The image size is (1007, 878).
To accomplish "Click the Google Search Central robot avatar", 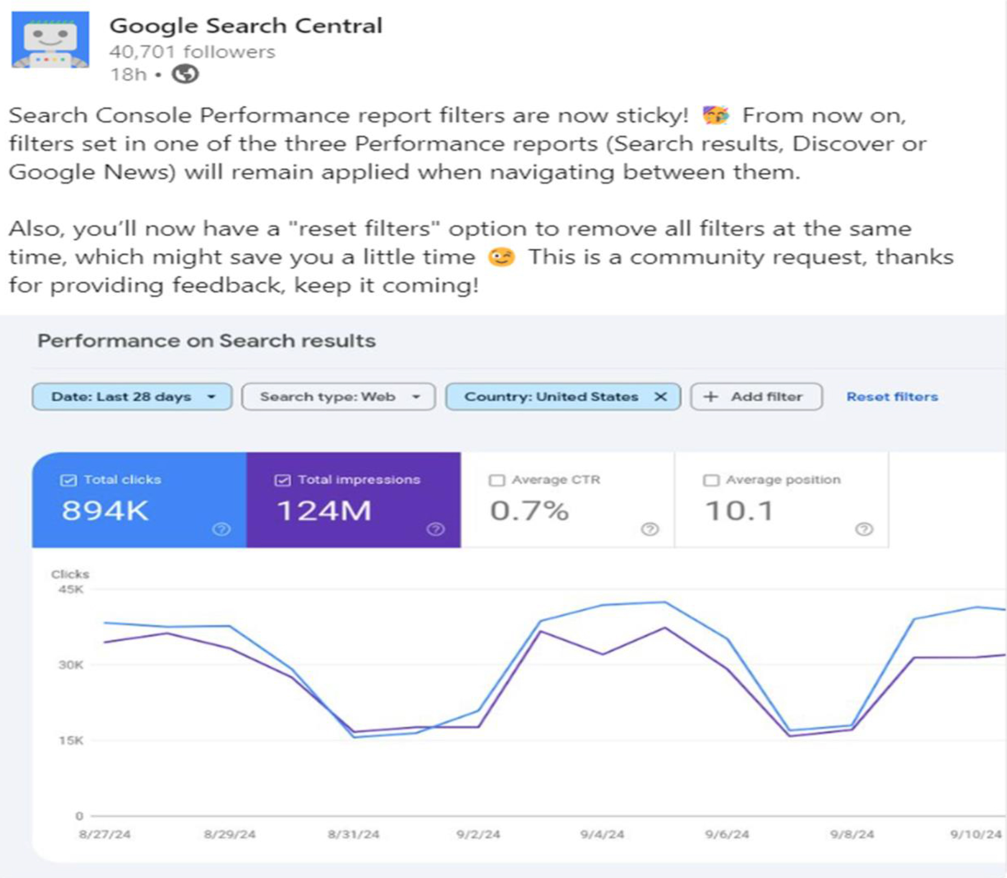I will (50, 40).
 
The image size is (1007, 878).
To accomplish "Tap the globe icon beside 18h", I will (185, 74).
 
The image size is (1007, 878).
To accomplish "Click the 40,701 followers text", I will (192, 51).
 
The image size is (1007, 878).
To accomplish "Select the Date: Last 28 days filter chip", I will (132, 397).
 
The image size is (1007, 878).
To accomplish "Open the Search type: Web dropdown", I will (338, 397).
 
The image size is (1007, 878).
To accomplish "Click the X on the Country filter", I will (660, 397).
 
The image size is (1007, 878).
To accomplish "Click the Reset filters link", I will (892, 397).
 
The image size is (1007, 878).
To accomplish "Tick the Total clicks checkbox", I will (68, 480).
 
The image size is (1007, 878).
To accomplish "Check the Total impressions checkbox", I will (282, 480).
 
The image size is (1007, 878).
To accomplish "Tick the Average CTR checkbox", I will (496, 480).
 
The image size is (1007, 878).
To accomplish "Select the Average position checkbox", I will (711, 480).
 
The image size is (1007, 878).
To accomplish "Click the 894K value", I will (105, 511).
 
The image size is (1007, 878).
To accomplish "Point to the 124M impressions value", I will (324, 511).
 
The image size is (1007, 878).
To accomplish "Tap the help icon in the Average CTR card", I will (649, 529).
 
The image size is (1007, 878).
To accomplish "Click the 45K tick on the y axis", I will (71, 589).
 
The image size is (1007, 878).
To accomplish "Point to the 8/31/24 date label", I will (353, 834).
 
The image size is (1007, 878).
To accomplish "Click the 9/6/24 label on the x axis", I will (727, 834).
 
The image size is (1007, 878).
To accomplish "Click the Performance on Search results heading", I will (206, 341).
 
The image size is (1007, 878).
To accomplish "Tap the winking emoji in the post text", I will (501, 257).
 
